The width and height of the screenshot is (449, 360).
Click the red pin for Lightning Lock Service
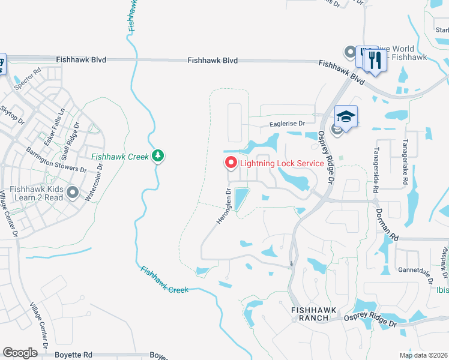pyautogui.click(x=231, y=163)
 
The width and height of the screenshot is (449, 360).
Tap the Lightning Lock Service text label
pyautogui.click(x=282, y=163)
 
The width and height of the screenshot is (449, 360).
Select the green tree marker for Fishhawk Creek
pyautogui.click(x=158, y=156)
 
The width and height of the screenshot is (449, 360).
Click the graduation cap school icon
pyautogui.click(x=346, y=115)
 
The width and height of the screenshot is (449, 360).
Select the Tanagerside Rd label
pyautogui.click(x=376, y=170)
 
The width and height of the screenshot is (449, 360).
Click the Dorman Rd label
pyautogui.click(x=387, y=221)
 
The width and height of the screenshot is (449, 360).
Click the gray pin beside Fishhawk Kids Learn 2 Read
pyautogui.click(x=73, y=192)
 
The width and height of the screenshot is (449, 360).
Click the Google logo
pyautogui.click(x=20, y=353)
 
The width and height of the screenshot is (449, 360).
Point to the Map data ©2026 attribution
pyautogui.click(x=423, y=355)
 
